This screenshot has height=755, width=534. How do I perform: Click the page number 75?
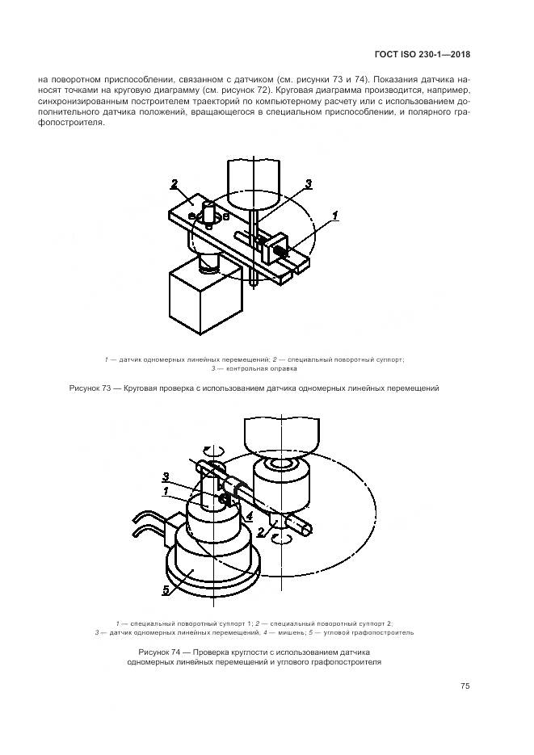pyautogui.click(x=465, y=686)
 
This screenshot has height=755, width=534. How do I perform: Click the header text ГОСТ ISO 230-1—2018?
pyautogui.click(x=422, y=54)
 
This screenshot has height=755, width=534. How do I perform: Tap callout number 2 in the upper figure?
pyautogui.click(x=174, y=183)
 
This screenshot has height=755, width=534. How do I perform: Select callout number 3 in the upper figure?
pyautogui.click(x=308, y=183)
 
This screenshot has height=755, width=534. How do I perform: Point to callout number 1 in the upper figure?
pyautogui.click(x=335, y=215)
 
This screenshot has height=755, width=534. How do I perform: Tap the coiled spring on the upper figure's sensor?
pyautogui.click(x=280, y=251)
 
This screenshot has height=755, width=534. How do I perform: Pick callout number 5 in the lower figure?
pyautogui.click(x=166, y=589)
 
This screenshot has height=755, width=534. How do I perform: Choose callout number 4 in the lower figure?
pyautogui.click(x=249, y=517)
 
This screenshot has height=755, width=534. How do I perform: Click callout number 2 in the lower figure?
pyautogui.click(x=260, y=533)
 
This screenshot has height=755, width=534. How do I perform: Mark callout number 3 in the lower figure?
pyautogui.click(x=166, y=477)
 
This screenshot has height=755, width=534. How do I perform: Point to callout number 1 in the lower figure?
pyautogui.click(x=166, y=491)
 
